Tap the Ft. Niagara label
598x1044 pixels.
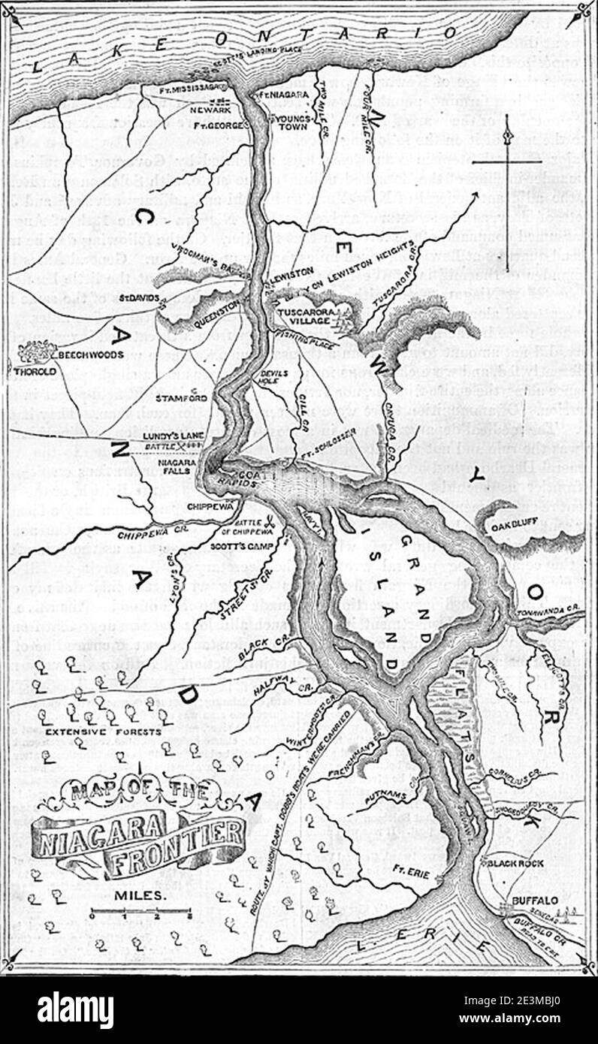pyautogui.click(x=272, y=95)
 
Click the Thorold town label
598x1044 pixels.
pyautogui.click(x=28, y=370)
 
